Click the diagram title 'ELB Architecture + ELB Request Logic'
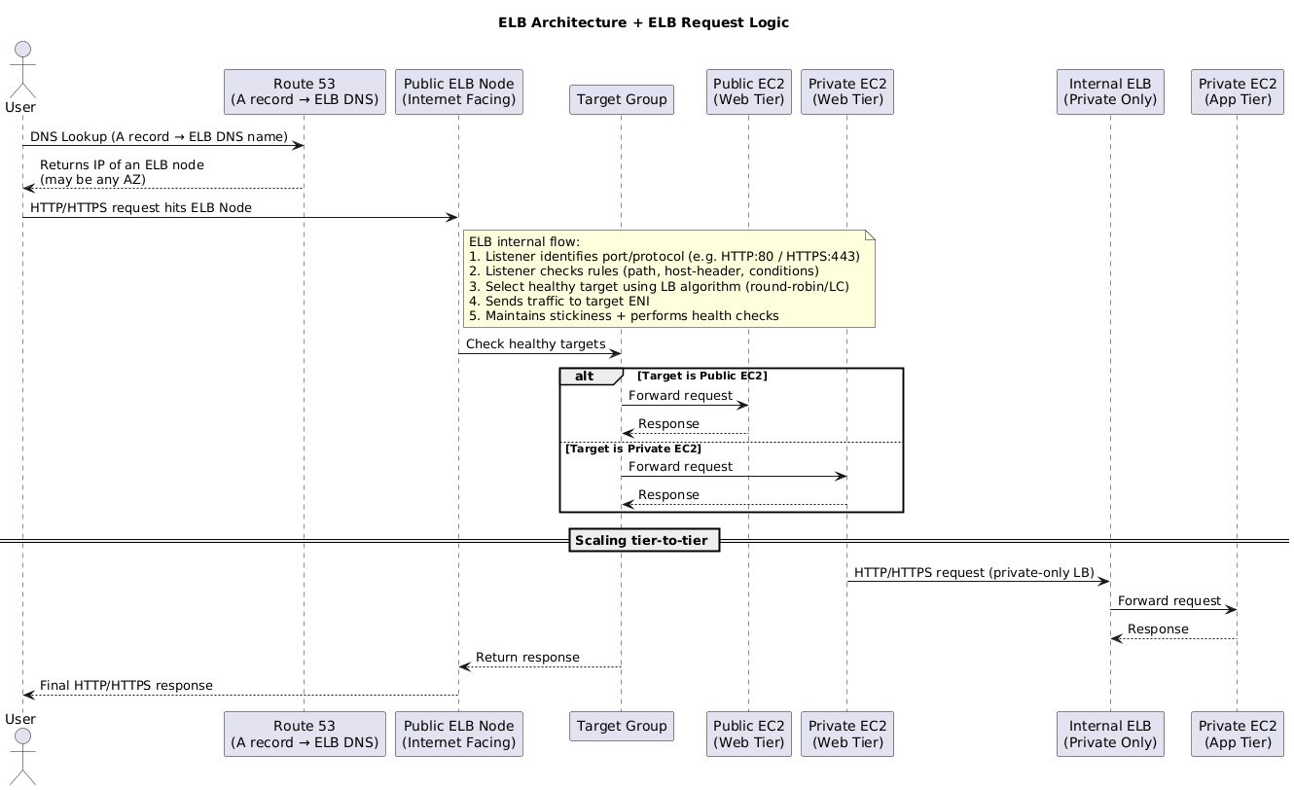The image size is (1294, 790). [643, 22]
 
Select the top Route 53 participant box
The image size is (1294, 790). [305, 91]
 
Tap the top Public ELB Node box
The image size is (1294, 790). [459, 91]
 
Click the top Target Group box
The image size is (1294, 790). [621, 98]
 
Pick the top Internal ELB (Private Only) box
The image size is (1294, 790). [1110, 91]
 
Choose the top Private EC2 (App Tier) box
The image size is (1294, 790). [1237, 91]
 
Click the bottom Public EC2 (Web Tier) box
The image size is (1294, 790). [748, 734]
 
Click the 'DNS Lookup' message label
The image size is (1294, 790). [159, 137]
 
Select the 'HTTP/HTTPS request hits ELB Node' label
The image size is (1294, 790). [141, 208]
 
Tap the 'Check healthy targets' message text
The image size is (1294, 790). [535, 344]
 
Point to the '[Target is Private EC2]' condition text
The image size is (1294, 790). [633, 449]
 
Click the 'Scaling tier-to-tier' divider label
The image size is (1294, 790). [643, 540]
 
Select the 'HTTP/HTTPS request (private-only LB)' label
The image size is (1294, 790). [974, 572]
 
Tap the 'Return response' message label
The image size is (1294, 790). [527, 658]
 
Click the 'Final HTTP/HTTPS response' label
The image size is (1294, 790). [126, 686]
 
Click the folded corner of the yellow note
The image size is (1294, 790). [870, 235]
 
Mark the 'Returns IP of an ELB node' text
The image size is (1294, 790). [122, 165]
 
